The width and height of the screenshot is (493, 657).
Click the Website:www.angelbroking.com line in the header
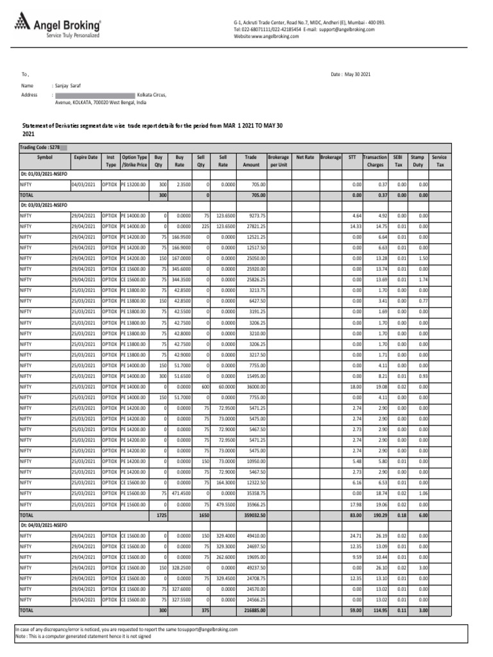click(266, 37)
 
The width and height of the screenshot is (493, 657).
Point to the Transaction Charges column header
click(374, 160)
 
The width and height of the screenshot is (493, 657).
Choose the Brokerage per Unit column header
click(278, 160)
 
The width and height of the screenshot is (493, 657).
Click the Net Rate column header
click(305, 157)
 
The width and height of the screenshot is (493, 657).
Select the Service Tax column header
click(439, 160)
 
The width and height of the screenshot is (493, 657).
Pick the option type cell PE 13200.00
click(134, 184)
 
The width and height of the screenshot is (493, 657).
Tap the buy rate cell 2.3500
click(182, 184)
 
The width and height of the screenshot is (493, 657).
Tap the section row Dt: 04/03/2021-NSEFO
click(44, 525)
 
